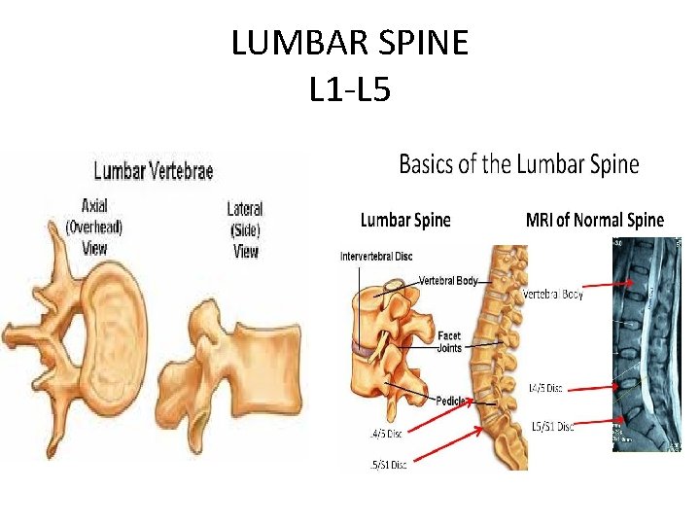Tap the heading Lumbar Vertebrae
(153, 172)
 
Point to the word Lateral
(245, 209)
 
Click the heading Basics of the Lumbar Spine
(519, 163)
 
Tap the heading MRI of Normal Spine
(594, 220)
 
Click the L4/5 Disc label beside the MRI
(545, 388)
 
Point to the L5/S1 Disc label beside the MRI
(551, 427)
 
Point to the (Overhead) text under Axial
(95, 227)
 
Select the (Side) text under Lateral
(246, 229)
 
